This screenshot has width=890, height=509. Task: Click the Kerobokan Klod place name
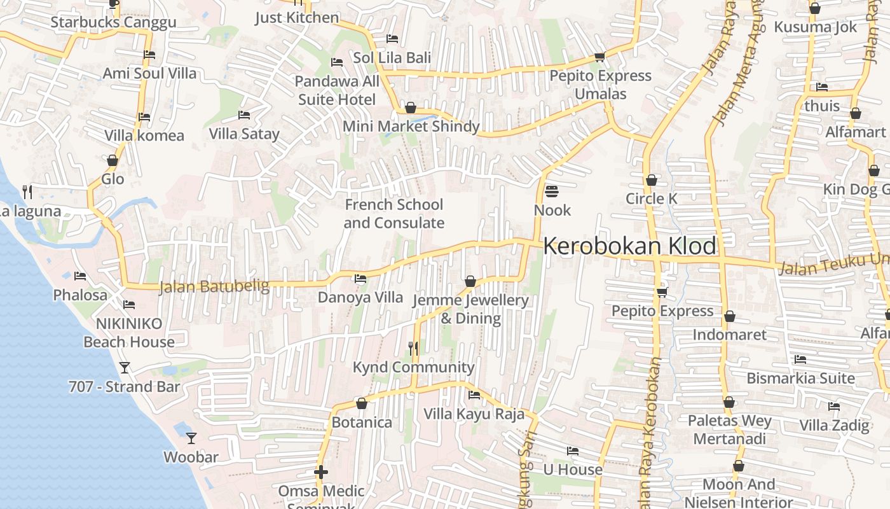[629, 246]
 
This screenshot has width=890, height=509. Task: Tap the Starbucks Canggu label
[113, 23]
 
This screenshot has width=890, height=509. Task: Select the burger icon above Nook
[552, 191]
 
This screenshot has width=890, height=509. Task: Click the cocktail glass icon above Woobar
[191, 438]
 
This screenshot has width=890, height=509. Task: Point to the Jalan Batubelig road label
[214, 287]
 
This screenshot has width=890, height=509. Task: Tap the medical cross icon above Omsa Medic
[321, 472]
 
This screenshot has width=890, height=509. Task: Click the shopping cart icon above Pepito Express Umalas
[599, 56]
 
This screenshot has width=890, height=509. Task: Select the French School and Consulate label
[394, 214]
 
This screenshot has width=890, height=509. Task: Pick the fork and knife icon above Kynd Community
[413, 348]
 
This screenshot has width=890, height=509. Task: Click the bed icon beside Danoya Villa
[360, 279]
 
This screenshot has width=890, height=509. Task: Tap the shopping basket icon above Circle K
[651, 180]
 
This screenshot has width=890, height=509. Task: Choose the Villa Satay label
[244, 134]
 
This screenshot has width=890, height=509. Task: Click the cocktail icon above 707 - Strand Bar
[125, 368]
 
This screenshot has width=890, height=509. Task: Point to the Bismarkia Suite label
[800, 379]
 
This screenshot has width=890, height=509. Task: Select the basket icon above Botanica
[361, 403]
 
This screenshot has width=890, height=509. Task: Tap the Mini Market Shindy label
[411, 127]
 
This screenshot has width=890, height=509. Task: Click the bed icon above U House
[573, 451]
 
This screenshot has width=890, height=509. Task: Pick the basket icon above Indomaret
[730, 316]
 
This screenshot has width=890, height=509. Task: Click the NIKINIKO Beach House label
[129, 333]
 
